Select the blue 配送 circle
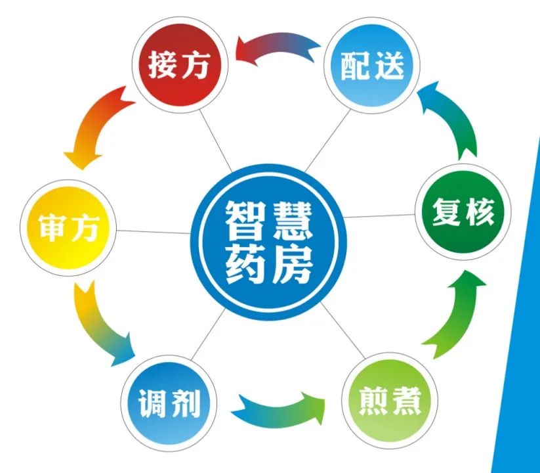371,66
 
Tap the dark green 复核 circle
463,213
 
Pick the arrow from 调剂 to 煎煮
279,407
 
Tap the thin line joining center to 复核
381,216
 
